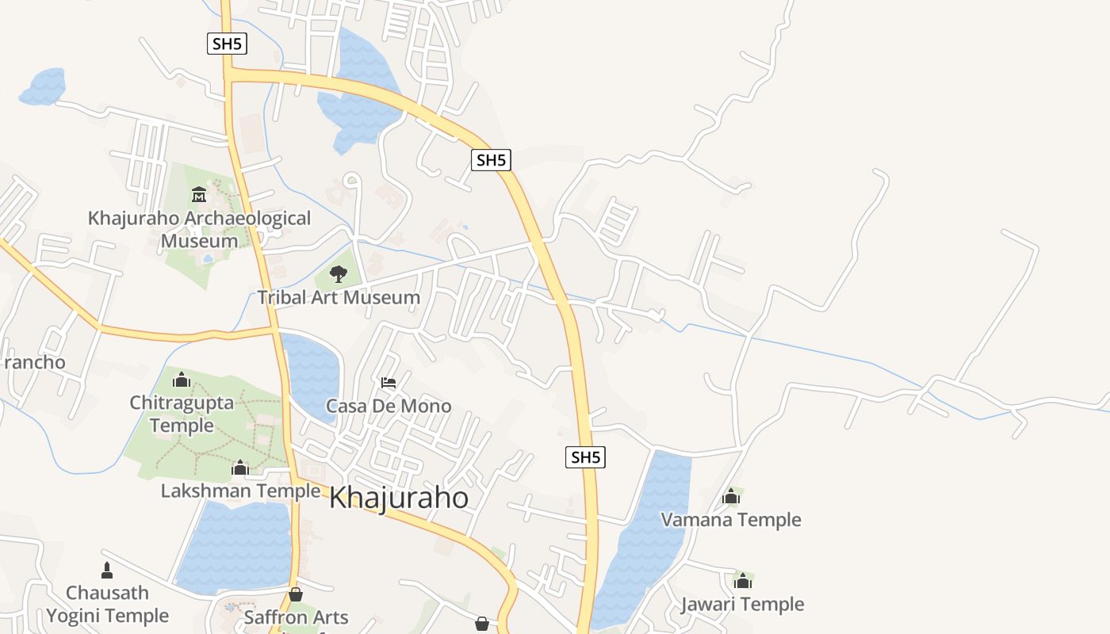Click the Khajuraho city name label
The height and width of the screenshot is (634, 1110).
pos(398,498)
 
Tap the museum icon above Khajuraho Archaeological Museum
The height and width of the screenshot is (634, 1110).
pos(199,194)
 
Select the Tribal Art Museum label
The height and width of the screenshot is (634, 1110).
pos(339,298)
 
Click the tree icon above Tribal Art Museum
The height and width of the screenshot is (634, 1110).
pos(339,275)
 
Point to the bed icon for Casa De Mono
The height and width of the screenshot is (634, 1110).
pos(388,383)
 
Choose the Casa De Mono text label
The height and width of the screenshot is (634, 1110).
pos(388,407)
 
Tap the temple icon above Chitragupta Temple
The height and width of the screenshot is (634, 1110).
pos(182,380)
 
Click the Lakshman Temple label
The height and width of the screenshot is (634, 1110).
pos(240,491)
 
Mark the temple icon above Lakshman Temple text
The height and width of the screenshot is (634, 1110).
pos(240,468)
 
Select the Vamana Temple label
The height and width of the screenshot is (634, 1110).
pos(731,520)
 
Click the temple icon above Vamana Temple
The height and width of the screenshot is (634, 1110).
pos(731,497)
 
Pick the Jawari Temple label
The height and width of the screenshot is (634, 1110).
pos(742,605)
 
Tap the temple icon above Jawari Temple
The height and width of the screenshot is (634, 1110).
pos(742,581)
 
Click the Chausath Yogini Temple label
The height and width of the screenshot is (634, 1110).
pos(107,604)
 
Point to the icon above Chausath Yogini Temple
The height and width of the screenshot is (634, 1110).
pos(107,570)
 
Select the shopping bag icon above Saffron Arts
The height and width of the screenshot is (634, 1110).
pos(296,594)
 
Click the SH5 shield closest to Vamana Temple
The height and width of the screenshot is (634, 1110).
pos(585,457)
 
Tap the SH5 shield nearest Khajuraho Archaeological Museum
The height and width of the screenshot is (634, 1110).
pos(228,44)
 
